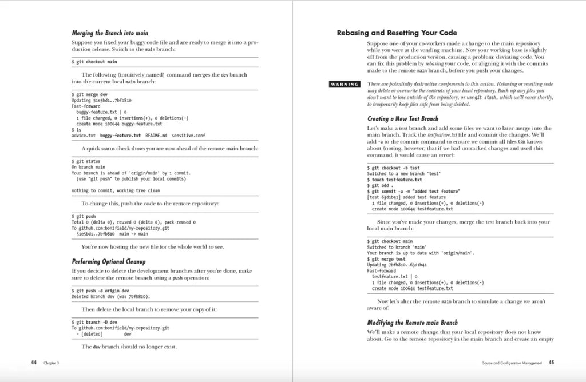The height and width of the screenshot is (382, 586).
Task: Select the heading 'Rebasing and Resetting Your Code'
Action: click(x=397, y=33)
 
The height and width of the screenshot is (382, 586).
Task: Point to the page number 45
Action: click(x=551, y=362)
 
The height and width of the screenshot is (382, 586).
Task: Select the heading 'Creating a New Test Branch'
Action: click(x=402, y=119)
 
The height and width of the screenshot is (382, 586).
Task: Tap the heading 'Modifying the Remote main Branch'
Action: click(x=412, y=323)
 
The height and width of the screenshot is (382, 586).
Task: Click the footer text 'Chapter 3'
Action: click(x=52, y=363)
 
